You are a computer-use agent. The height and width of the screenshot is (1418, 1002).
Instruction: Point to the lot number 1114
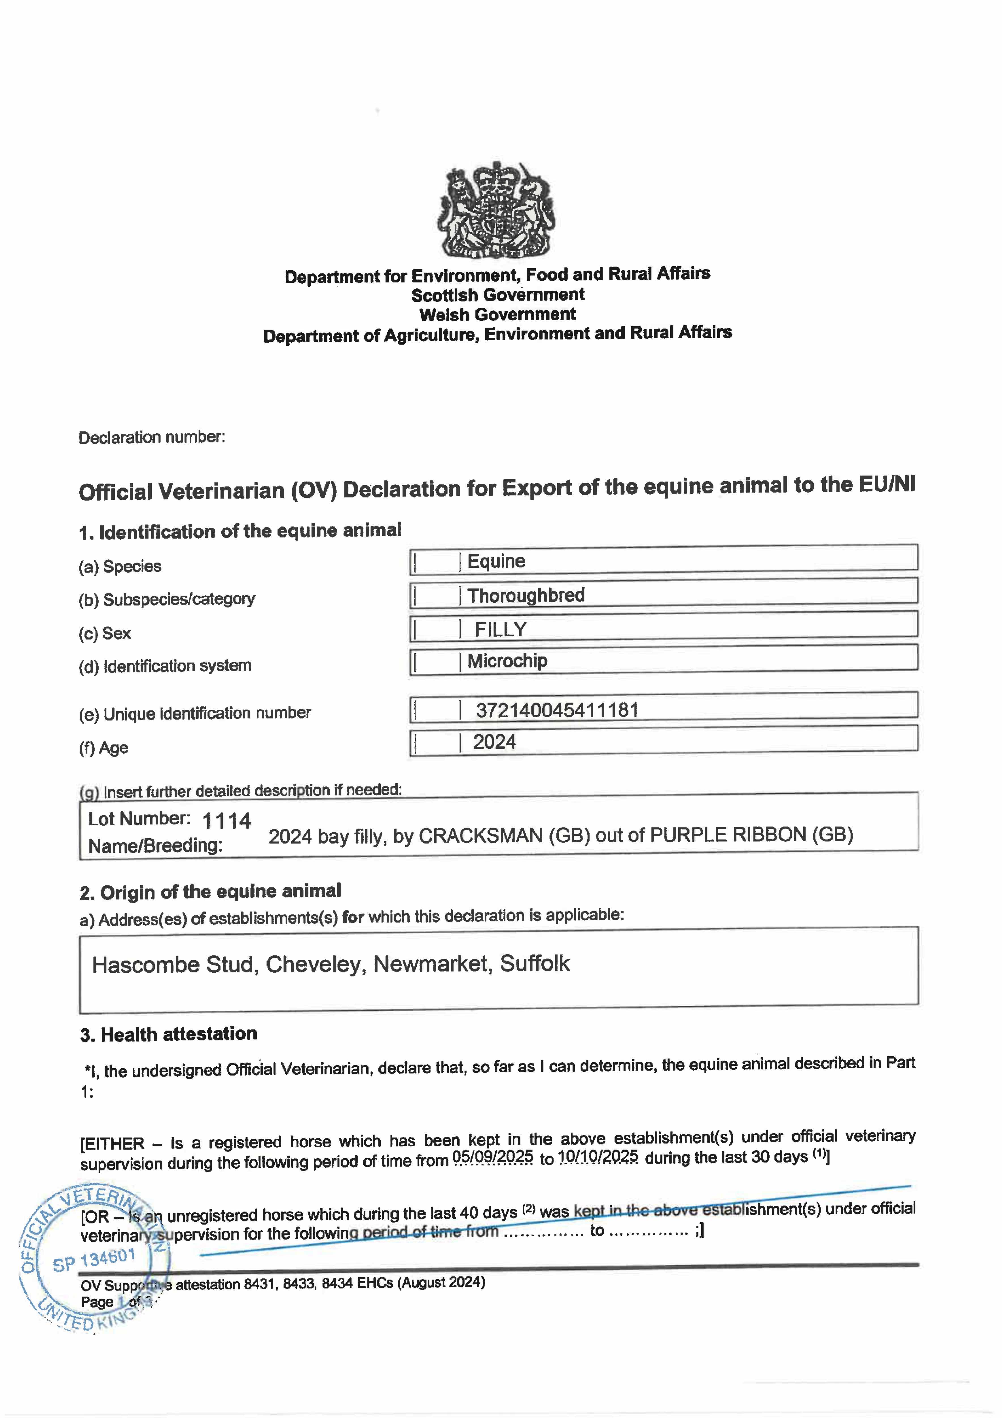click(226, 821)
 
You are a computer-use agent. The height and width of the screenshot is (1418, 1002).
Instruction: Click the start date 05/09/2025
click(493, 1157)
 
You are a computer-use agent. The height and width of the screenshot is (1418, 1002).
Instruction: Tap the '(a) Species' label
click(120, 566)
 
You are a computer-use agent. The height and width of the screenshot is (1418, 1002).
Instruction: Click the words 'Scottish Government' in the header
click(498, 295)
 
